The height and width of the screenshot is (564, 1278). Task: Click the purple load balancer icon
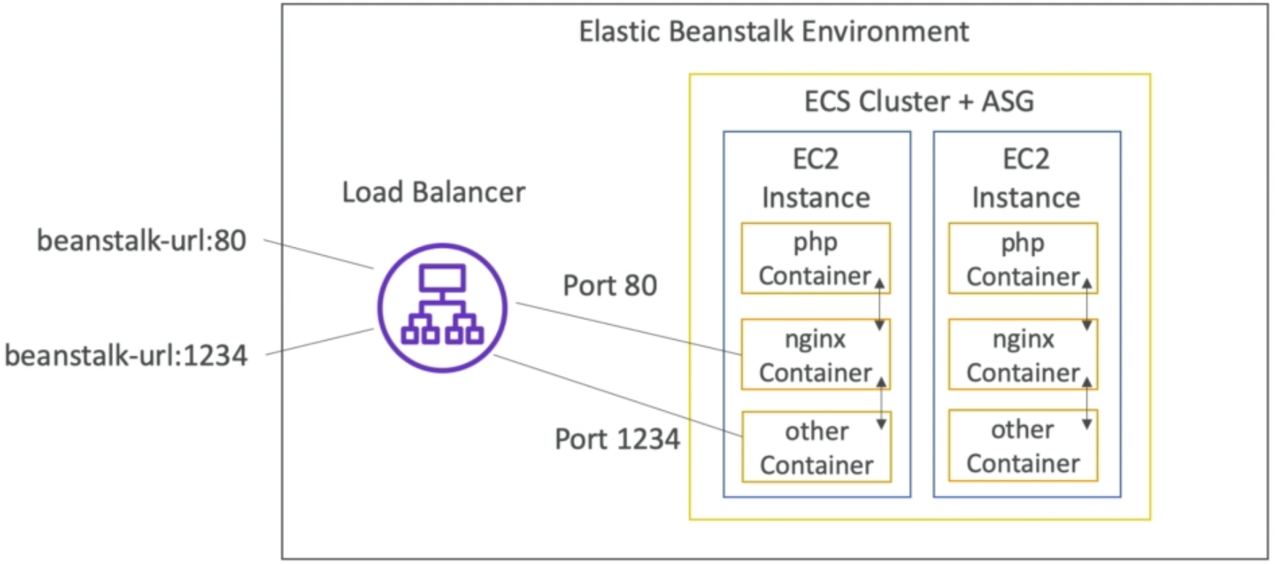pos(442,307)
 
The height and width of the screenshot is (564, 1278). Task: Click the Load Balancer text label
pos(433,193)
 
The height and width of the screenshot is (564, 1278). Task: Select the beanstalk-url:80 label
pos(142,241)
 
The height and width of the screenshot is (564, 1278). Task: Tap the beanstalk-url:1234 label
pos(126,356)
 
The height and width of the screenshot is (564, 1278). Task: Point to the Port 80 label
pos(609,286)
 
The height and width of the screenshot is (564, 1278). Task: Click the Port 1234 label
pos(617,439)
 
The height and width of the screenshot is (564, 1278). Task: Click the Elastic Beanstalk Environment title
pos(773,32)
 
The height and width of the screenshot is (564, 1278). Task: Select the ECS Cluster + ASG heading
pos(919,102)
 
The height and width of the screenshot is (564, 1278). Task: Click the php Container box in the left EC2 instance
pos(815,258)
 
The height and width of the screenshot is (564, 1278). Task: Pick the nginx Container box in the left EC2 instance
pos(815,355)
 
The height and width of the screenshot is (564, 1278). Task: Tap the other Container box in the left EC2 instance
pos(816,447)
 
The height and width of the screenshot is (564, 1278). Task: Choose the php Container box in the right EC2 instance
pos(1022,259)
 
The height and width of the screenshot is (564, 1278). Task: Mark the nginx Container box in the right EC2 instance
pos(1022,355)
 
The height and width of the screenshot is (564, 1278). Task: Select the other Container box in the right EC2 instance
pos(1022,446)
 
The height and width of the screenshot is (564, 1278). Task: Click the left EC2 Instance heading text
pos(815,178)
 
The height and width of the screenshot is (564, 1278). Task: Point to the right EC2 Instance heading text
pos(1026,178)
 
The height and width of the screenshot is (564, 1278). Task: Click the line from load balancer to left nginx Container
pos(627,329)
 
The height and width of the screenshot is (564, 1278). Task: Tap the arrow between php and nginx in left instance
pos(880,305)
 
